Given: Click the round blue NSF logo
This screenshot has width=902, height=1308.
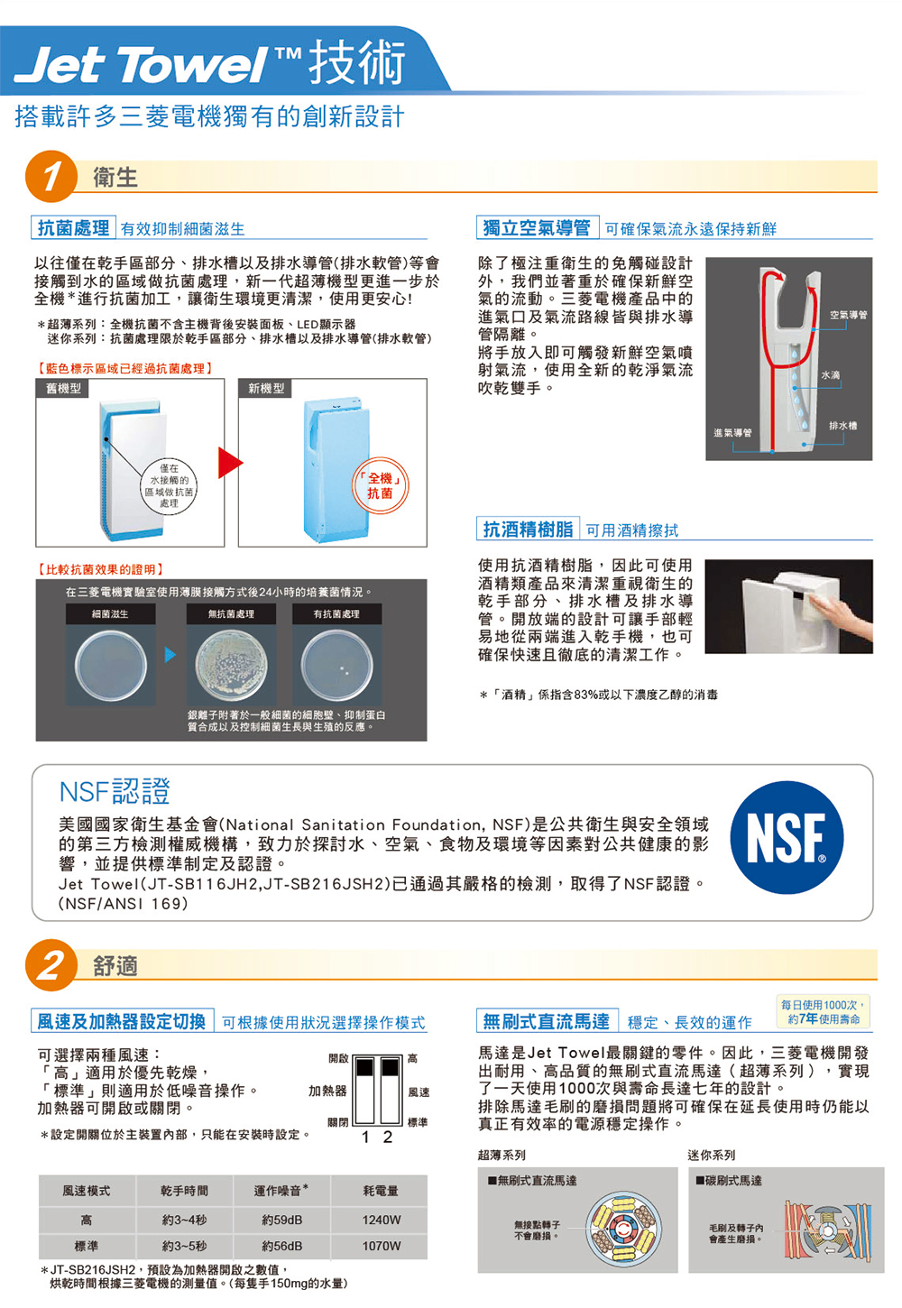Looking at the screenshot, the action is coord(787,837).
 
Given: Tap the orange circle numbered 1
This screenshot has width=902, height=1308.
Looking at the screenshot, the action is coord(51,176).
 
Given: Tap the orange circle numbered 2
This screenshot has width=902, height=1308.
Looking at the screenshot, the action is coord(51,964).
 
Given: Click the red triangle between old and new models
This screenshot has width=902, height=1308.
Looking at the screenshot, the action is coord(230,463).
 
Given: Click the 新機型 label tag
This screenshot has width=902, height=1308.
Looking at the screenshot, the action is coord(266,388).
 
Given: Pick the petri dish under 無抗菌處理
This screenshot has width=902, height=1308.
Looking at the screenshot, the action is coord(231,666).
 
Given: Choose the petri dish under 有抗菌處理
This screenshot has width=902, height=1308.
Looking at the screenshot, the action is coord(336,666).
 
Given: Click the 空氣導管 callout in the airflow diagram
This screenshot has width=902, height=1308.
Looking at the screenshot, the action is coord(848,316).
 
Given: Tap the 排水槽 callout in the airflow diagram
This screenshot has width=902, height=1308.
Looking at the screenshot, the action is coord(843,426).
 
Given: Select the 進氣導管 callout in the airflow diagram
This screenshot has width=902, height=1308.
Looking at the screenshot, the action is coord(732,433).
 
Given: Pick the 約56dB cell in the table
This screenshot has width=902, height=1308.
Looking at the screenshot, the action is coord(282,1246).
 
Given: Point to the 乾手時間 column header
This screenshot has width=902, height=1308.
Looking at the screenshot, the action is coord(185,1191).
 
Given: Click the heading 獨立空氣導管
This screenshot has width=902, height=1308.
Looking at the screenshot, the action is coord(537,227).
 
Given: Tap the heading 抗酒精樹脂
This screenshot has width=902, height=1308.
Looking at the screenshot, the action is coord(528,529).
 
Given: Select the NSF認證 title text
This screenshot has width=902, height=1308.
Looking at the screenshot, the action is coord(115,791).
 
